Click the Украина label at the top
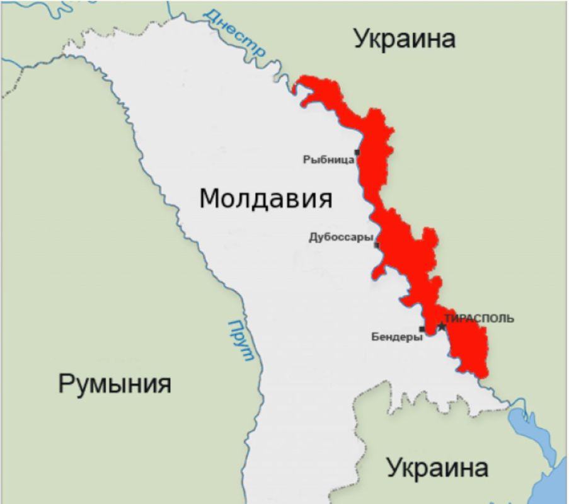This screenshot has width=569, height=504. coord(404,38)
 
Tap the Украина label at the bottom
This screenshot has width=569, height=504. coord(437,468)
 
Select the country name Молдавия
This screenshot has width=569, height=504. coord(265,198)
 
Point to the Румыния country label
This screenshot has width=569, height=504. coord(114,383)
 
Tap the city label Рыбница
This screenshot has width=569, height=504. coord(328,160)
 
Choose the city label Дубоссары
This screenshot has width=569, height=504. coord(341,238)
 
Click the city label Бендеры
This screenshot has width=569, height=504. coord(397,337)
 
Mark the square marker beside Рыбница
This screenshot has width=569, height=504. coord(357,152)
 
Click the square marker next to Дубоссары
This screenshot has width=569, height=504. coord(377,245)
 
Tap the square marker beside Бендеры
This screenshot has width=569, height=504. coord(422,329)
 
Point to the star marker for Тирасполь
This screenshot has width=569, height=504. coord(442,326)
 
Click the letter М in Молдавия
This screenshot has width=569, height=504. coord(210,199)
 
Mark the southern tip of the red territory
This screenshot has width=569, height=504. coord(481,376)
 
